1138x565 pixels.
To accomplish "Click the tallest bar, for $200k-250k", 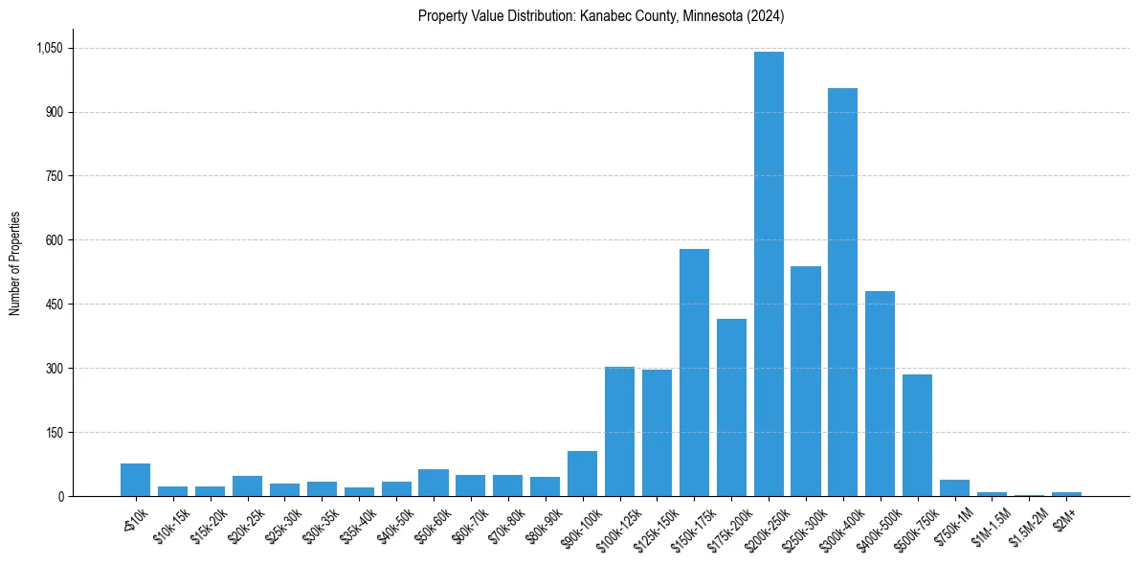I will [769, 274].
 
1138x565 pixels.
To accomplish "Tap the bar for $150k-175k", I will [694, 373].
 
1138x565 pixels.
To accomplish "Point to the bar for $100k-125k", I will [619, 431].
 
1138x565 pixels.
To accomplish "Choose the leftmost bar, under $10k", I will [135, 480].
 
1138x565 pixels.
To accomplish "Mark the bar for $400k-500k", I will [880, 394].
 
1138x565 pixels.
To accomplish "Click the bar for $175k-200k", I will [731, 407].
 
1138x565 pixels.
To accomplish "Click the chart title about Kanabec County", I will [601, 16].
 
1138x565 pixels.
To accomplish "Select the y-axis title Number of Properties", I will [15, 263].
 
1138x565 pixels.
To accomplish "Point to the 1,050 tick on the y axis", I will [49, 48].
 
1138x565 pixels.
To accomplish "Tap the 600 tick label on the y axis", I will [54, 240].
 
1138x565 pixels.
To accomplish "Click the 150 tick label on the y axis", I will [54, 433].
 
